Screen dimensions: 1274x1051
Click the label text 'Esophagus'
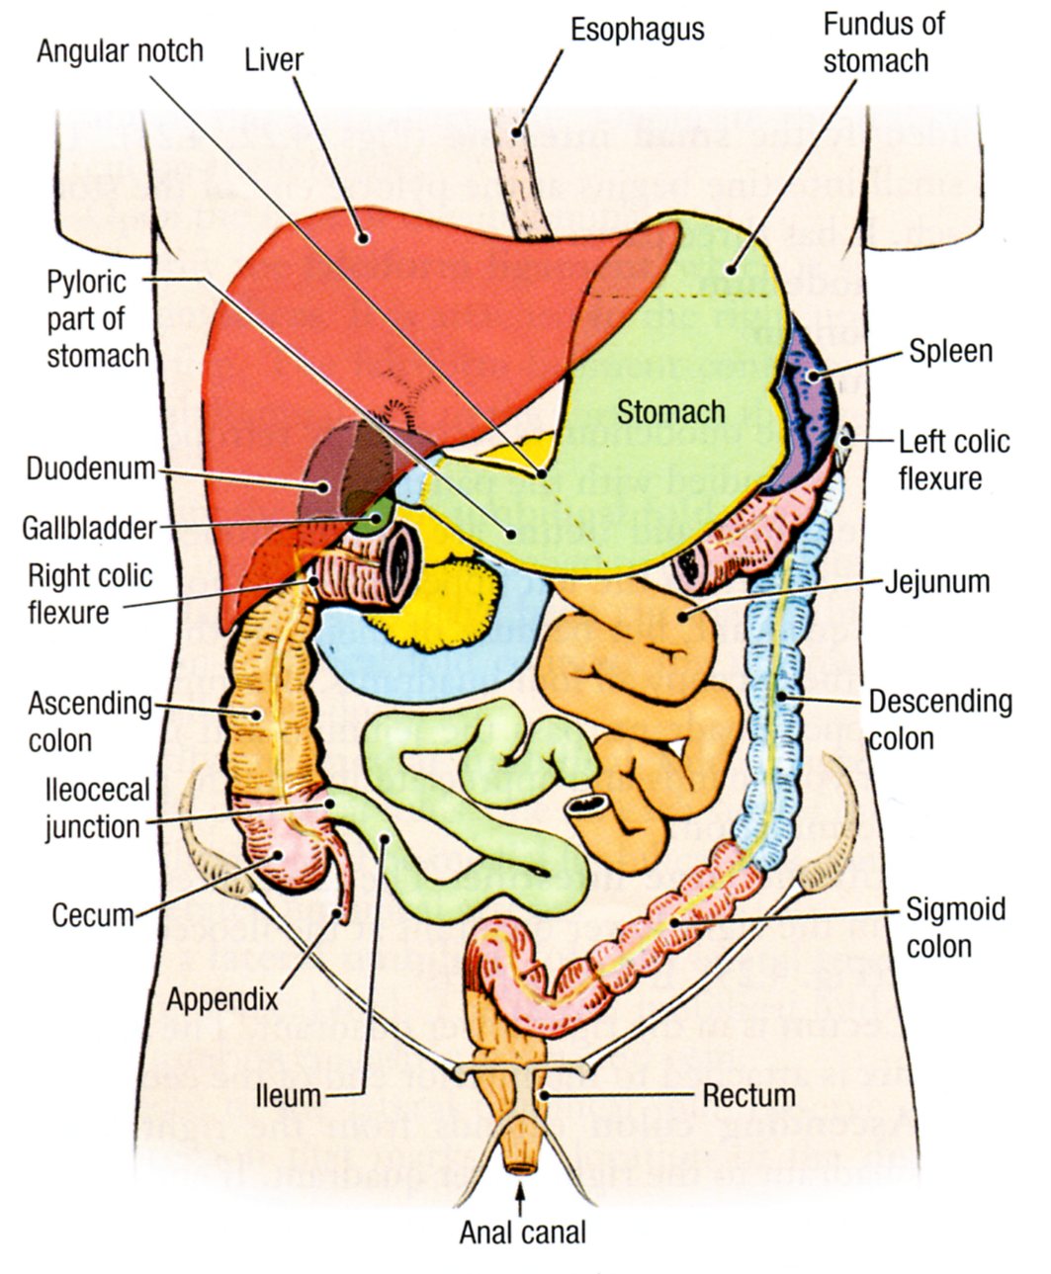(x=637, y=29)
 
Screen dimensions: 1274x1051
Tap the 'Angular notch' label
(x=120, y=50)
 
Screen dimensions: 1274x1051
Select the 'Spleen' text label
(x=950, y=351)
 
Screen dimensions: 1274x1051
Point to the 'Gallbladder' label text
(x=89, y=527)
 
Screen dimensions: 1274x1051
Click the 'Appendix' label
(x=221, y=998)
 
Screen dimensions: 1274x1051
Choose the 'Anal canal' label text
(x=522, y=1232)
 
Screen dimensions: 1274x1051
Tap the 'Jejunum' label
(x=935, y=580)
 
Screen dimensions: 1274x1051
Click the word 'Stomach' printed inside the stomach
(x=670, y=411)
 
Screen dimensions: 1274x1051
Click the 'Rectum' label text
(x=748, y=1095)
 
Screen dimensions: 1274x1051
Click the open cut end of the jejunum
(x=588, y=806)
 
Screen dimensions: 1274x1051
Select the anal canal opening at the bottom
(x=521, y=1170)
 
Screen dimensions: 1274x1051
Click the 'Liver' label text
(x=274, y=59)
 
